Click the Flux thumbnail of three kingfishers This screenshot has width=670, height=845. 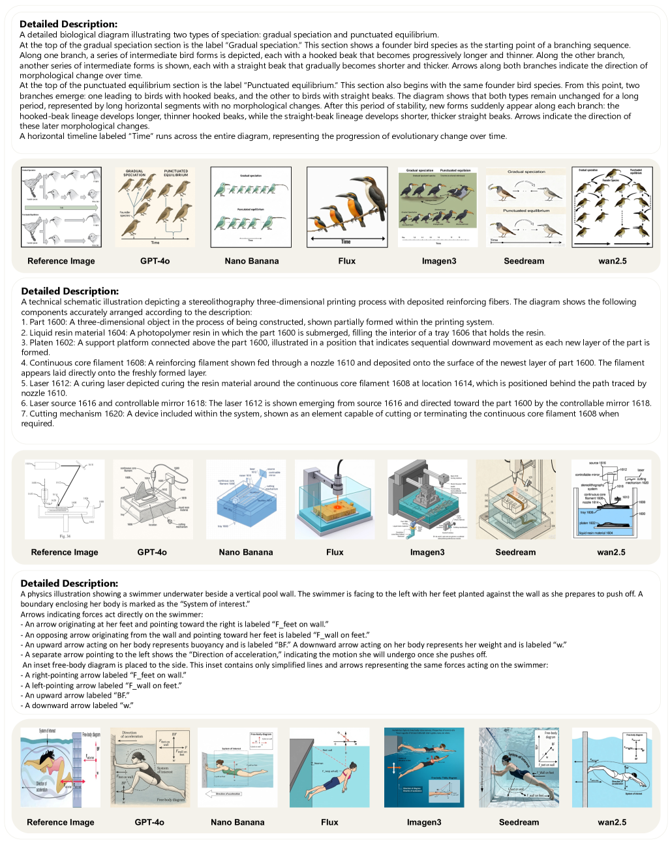click(x=346, y=207)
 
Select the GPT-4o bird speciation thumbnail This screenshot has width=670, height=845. click(x=155, y=207)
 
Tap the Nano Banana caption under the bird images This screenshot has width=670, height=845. click(x=252, y=261)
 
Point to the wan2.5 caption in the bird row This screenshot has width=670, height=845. click(x=612, y=261)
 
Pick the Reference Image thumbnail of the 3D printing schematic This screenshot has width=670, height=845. click(x=64, y=499)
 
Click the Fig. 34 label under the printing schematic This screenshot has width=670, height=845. click(x=65, y=536)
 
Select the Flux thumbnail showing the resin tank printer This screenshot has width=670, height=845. click(x=335, y=499)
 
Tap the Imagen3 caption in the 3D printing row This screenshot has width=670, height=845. click(x=427, y=552)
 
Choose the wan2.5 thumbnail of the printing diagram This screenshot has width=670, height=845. click(x=611, y=499)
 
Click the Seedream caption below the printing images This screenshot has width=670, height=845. click(x=515, y=552)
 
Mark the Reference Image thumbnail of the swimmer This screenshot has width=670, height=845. click(x=61, y=767)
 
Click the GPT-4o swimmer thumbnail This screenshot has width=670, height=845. click(x=150, y=767)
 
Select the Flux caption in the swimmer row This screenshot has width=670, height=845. click(x=329, y=822)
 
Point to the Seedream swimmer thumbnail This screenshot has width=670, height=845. click(x=519, y=767)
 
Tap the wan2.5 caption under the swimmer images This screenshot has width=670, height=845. click(x=612, y=822)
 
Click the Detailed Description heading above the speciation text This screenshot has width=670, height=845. click(x=69, y=24)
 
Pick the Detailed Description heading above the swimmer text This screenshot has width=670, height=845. click(x=69, y=584)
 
